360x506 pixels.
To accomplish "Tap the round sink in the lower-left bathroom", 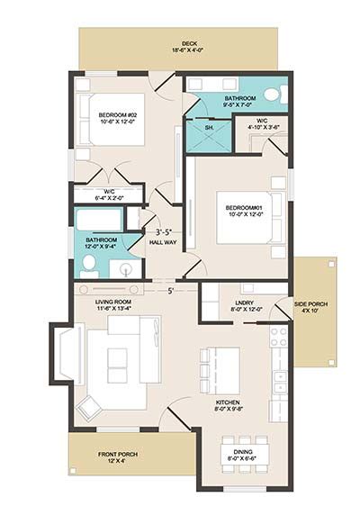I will [x=126, y=267].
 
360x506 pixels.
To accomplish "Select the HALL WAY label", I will [x=163, y=241].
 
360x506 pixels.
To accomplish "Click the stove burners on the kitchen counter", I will [x=278, y=339].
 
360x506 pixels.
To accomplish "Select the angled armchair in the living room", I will [x=88, y=405].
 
